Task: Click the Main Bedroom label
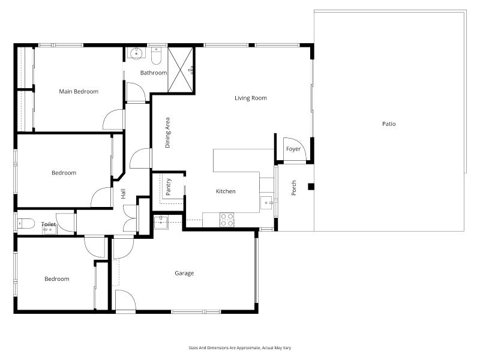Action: (x=79, y=92)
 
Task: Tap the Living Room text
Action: (x=251, y=98)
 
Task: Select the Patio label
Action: (x=389, y=124)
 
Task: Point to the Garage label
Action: (x=184, y=274)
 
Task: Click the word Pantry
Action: (x=168, y=187)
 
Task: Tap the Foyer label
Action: (x=293, y=149)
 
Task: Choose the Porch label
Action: (x=293, y=188)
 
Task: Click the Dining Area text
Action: (x=167, y=133)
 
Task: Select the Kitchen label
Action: (x=226, y=191)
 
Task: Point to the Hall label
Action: (x=123, y=193)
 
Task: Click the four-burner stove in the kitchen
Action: (x=227, y=220)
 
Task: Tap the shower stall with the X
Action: (x=181, y=70)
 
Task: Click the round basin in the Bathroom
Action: (x=136, y=53)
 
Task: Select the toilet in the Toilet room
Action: (x=26, y=224)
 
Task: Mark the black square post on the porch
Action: (x=311, y=187)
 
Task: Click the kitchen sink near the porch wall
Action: (x=267, y=203)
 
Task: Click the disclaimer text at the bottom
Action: (x=240, y=348)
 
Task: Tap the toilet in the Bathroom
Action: (x=156, y=56)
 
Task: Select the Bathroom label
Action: (x=154, y=73)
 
